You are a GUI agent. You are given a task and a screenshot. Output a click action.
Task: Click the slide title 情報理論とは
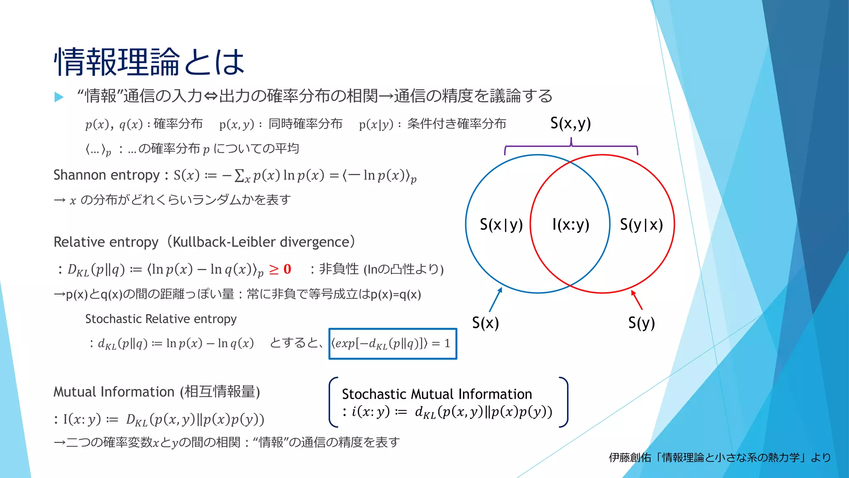[149, 61]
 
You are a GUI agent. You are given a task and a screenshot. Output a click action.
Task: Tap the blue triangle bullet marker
[59, 97]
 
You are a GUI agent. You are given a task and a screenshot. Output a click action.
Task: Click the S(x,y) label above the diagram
[570, 123]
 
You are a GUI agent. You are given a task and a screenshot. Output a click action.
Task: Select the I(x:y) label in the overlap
[570, 224]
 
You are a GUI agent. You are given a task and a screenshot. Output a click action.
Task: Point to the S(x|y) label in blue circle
[501, 224]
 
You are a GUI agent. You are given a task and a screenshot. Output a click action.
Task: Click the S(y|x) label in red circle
[641, 224]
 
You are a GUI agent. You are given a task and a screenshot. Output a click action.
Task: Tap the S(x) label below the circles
[485, 323]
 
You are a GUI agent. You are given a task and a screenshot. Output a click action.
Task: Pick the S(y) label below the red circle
[641, 323]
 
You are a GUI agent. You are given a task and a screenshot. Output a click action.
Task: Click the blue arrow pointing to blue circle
[495, 300]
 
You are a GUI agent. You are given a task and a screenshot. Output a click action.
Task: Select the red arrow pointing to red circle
[637, 300]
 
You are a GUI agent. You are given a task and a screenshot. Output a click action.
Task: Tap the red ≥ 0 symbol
[280, 269]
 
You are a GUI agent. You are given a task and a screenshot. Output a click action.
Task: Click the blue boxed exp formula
[392, 344]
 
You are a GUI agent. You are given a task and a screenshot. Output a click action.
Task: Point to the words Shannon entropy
[107, 175]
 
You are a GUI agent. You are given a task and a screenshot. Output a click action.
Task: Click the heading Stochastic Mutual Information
[437, 394]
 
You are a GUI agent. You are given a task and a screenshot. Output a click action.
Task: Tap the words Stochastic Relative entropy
[161, 319]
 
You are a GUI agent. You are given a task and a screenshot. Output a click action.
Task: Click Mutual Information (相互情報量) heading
[157, 392]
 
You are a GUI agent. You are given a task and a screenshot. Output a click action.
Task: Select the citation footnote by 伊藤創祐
[720, 457]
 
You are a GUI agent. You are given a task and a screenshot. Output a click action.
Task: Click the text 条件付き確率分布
[456, 124]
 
